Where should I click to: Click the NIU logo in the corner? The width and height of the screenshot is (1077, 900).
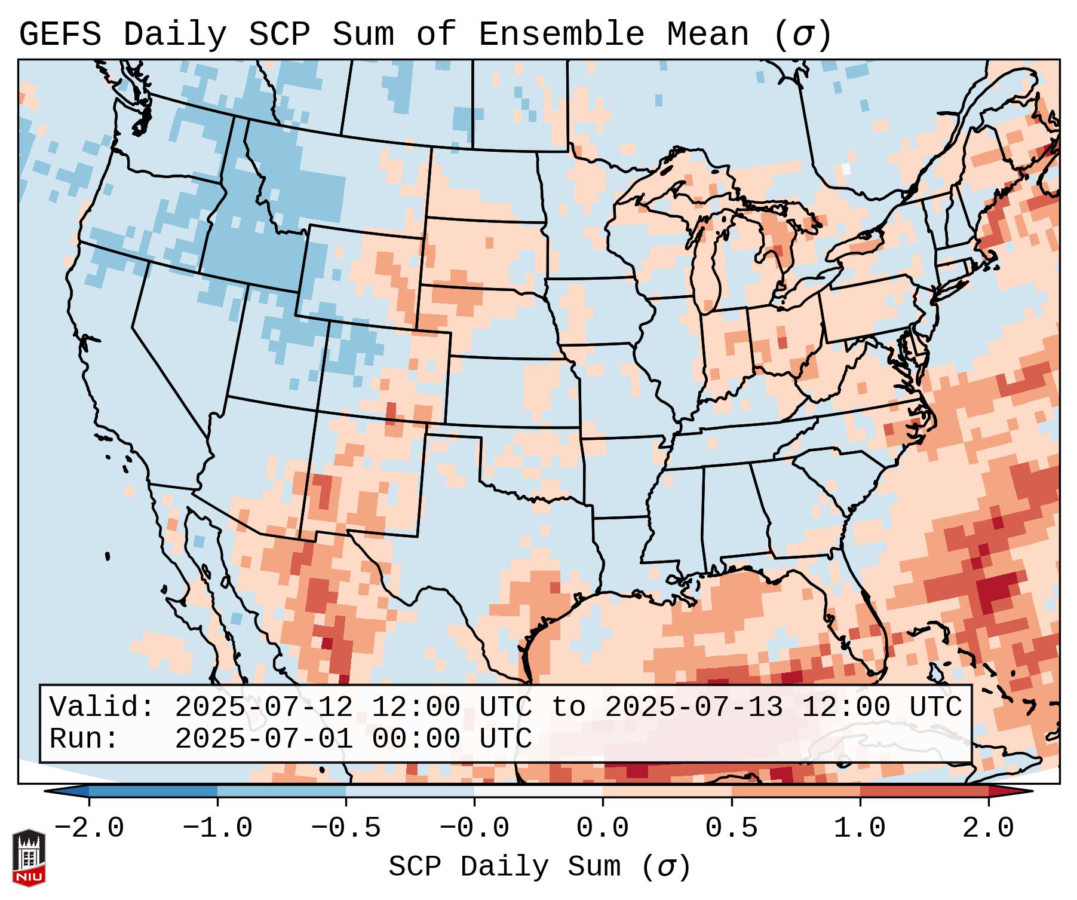[29, 857]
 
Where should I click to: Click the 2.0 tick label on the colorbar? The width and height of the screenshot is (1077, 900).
[988, 828]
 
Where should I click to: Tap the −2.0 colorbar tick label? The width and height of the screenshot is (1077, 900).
[89, 828]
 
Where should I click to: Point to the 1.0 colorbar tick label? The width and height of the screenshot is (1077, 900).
[860, 828]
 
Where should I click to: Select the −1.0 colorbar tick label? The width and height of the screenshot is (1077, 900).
[217, 828]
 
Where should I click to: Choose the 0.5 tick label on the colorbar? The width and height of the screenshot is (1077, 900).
[731, 828]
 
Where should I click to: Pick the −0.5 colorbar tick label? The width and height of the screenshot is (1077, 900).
[346, 828]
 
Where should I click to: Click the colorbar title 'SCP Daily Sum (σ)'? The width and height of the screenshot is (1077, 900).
[539, 867]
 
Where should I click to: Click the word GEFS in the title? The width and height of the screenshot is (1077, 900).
[60, 35]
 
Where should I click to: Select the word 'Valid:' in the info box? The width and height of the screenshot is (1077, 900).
[102, 708]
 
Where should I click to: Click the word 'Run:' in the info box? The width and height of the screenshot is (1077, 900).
[84, 739]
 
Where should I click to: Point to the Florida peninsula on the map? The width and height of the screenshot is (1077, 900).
[869, 633]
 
